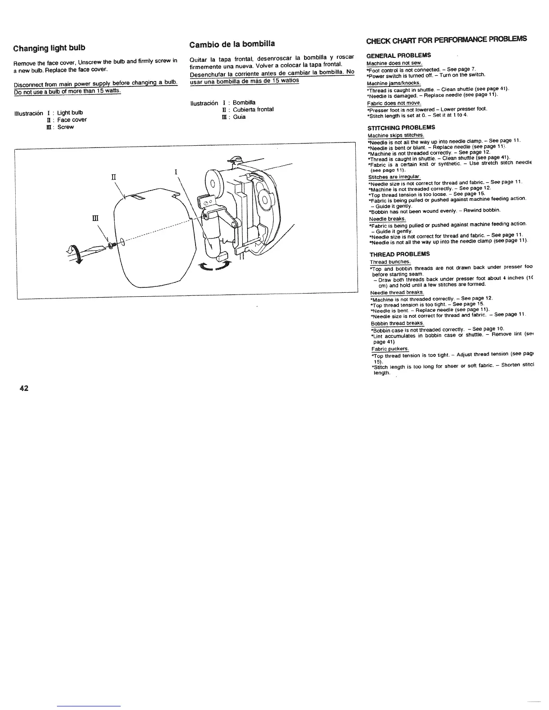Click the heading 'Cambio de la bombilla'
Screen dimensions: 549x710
[232, 44]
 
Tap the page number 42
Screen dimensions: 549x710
[24, 388]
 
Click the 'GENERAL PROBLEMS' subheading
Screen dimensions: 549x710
[399, 55]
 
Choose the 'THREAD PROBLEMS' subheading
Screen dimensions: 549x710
[400, 254]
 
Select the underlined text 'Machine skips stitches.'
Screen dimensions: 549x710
[396, 135]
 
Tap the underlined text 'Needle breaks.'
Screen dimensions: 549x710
[387, 219]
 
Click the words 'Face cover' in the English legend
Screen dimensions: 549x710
[72, 120]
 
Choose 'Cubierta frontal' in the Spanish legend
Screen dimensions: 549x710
[253, 109]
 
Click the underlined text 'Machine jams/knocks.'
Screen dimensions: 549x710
[393, 83]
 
